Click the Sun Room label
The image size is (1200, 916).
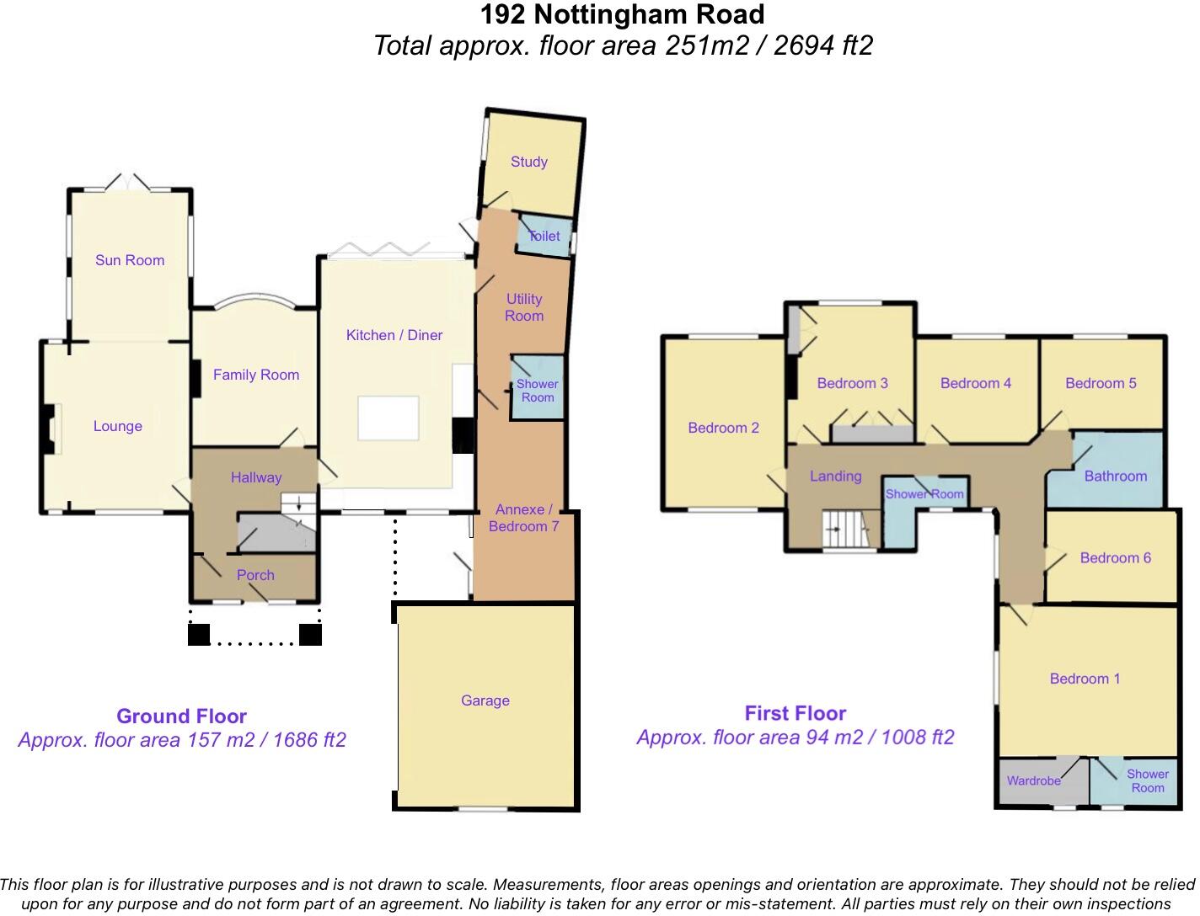130,260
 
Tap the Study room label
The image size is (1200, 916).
528,162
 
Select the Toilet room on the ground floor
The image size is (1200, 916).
544,236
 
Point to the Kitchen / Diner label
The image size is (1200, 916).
394,335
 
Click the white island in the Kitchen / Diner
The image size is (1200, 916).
388,418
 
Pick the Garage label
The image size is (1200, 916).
485,700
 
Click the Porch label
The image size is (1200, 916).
255,575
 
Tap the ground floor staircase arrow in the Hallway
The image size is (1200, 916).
298,503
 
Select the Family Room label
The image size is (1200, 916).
256,375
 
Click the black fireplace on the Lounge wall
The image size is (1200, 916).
49,429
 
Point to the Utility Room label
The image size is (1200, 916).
523,307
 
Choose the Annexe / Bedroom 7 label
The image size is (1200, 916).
523,518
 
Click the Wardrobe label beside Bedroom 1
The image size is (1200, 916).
1033,780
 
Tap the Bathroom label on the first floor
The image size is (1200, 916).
1115,477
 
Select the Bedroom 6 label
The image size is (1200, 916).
1115,557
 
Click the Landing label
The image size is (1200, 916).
835,477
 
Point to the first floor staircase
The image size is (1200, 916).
846,530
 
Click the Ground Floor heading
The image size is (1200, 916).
181,716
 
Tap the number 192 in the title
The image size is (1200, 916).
503,15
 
